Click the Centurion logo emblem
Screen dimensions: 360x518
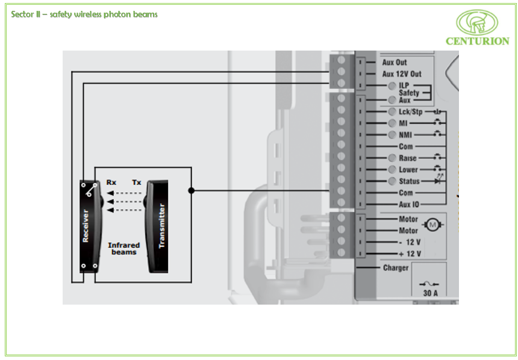pos(477,22)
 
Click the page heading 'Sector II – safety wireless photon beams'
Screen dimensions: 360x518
pos(84,14)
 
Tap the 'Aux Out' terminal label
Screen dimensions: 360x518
pos(395,62)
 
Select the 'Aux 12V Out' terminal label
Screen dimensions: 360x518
pos(402,74)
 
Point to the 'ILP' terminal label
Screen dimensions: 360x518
pos(404,85)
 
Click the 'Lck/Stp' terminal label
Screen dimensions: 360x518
pos(410,112)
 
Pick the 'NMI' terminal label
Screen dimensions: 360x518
pos(405,135)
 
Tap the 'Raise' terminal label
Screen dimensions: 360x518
pos(407,158)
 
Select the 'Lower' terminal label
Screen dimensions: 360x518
pos(408,170)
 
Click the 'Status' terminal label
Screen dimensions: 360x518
pos(409,181)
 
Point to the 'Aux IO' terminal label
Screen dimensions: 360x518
pos(408,205)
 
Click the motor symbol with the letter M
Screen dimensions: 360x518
pos(432,225)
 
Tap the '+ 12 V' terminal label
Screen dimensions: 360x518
pos(410,253)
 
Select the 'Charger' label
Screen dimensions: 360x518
pos(396,268)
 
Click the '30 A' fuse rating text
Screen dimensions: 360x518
pos(432,293)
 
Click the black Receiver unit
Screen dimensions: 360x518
pos(90,226)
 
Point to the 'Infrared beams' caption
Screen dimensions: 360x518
pos(123,249)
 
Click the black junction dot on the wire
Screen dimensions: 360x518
pos(192,191)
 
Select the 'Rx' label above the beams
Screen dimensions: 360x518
pos(111,182)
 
